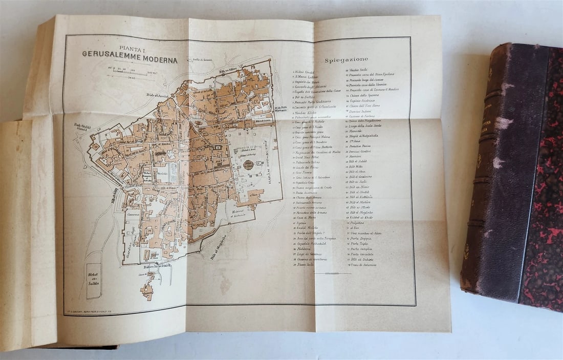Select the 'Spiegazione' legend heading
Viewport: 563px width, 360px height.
(x=346, y=60)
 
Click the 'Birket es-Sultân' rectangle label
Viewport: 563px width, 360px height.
(x=94, y=281)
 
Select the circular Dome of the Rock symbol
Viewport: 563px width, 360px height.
(x=248, y=165)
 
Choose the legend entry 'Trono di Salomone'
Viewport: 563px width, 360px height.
(x=363, y=265)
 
